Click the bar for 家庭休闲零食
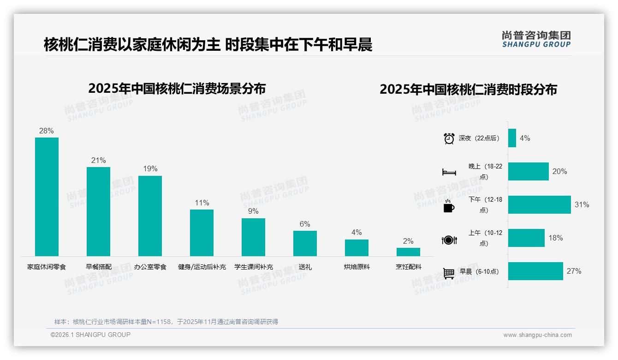click(x=47, y=197)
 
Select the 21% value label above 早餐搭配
click(x=98, y=161)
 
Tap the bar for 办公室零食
click(x=150, y=216)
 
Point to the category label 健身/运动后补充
click(x=202, y=267)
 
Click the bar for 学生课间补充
click(x=253, y=237)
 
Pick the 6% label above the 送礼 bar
click(x=305, y=224)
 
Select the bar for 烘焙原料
click(x=357, y=247)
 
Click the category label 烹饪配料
click(x=408, y=267)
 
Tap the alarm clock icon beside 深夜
click(x=449, y=138)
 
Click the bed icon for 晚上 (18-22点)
click(x=449, y=172)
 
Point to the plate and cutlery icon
click(x=449, y=240)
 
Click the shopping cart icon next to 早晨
click(x=449, y=273)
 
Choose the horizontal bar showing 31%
click(x=539, y=204)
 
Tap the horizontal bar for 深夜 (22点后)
click(x=512, y=138)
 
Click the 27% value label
click(x=574, y=271)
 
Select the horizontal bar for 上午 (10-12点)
click(x=526, y=238)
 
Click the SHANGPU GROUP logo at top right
click(x=536, y=39)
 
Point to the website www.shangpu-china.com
click(x=537, y=335)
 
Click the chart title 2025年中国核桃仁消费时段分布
click(x=468, y=89)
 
